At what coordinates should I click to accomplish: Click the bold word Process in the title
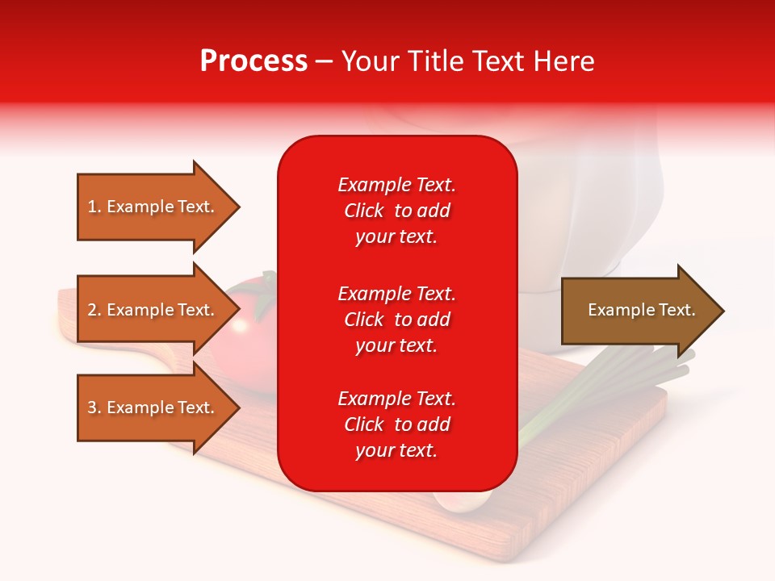(253, 61)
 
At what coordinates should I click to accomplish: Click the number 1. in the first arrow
(94, 207)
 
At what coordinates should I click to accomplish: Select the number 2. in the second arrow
(94, 310)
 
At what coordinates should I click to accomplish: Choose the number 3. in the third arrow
(94, 408)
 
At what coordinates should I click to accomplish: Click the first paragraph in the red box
(396, 211)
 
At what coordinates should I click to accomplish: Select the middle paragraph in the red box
(396, 320)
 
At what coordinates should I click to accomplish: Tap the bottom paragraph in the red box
(396, 424)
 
